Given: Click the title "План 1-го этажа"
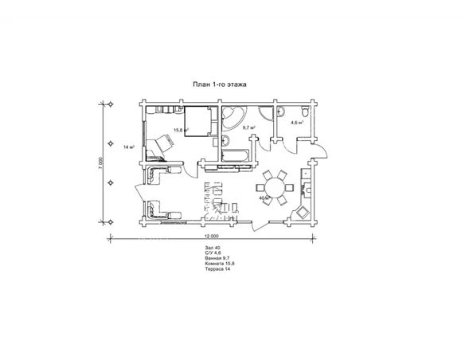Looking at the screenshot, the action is click(x=220, y=84).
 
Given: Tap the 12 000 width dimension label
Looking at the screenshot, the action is click(x=212, y=236).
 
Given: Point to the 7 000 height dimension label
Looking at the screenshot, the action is click(x=101, y=163).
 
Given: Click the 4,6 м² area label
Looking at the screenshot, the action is click(x=297, y=123).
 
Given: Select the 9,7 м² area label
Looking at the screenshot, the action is click(x=249, y=127).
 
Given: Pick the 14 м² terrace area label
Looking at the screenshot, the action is click(x=130, y=147).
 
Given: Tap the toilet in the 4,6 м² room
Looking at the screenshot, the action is click(x=305, y=112).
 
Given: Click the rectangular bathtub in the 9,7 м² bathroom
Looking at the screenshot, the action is click(x=236, y=156).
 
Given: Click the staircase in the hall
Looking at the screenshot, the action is click(x=220, y=201).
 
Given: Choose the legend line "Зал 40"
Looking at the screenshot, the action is click(x=213, y=248).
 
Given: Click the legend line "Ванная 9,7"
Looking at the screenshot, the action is click(x=217, y=258).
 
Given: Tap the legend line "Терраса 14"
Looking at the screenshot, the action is click(x=217, y=269).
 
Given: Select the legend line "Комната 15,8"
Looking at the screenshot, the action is click(x=220, y=264).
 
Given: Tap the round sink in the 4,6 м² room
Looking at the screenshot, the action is click(x=280, y=112).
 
